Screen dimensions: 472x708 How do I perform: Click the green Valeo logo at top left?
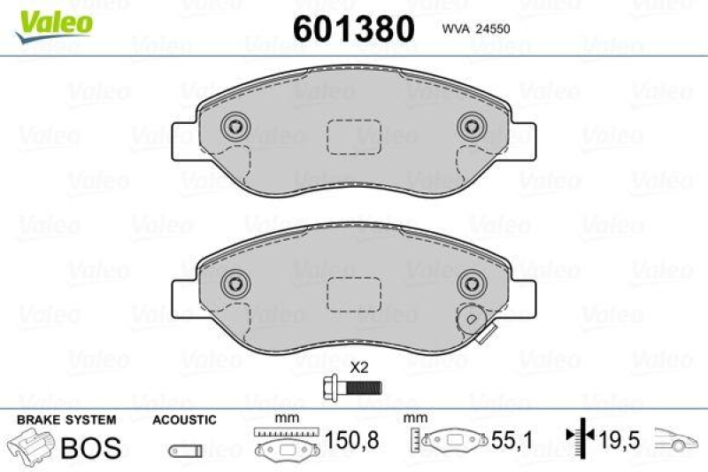pos(50,19)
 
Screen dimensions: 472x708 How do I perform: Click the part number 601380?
pos(352,29)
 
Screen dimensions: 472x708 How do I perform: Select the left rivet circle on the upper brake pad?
pos(235,128)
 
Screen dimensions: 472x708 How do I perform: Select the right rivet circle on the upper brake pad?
pos(468,128)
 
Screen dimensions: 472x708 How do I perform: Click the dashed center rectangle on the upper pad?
pos(353,136)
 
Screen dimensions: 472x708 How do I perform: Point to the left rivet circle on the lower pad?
pos(235,282)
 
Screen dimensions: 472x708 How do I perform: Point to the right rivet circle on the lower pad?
pos(468,282)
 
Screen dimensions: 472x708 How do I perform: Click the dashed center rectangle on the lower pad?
pos(353,292)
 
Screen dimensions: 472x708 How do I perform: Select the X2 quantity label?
pos(359,367)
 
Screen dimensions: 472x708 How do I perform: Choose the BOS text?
pos(90,447)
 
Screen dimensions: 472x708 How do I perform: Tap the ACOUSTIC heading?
pos(184,420)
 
